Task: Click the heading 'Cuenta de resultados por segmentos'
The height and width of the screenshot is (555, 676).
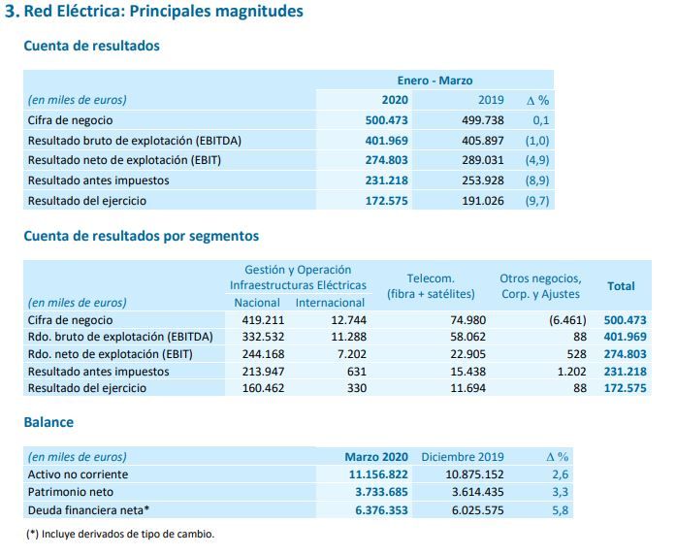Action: pyautogui.click(x=141, y=236)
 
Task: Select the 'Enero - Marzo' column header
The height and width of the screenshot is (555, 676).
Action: pyautogui.click(x=435, y=81)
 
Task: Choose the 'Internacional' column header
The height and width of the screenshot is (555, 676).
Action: pyautogui.click(x=331, y=303)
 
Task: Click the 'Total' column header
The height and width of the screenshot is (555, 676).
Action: pyautogui.click(x=621, y=286)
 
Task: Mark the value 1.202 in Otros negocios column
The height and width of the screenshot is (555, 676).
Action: pyautogui.click(x=566, y=371)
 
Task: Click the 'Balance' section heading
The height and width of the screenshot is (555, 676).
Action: pyautogui.click(x=48, y=423)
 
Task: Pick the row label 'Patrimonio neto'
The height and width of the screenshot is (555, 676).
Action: pyautogui.click(x=66, y=491)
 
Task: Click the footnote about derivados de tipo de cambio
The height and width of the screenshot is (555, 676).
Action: pyautogui.click(x=120, y=534)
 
